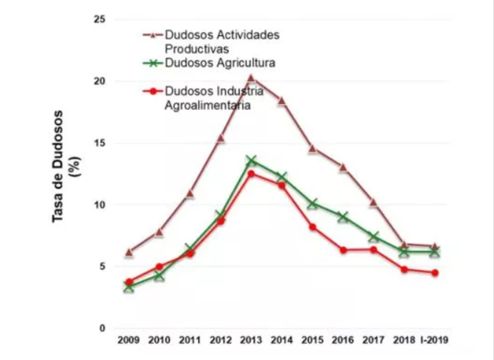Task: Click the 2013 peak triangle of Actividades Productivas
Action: point(251,78)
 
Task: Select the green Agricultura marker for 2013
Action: point(251,160)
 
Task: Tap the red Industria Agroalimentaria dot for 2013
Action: point(251,174)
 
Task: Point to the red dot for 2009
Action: point(129,282)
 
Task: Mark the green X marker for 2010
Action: point(159,276)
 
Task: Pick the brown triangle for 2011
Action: point(190,194)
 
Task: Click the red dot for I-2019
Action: point(435,273)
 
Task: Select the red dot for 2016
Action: point(343,250)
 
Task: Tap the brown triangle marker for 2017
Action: point(373,203)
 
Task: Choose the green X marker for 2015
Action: point(312,204)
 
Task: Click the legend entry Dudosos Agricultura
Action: point(220,63)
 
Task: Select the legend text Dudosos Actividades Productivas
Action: point(222,42)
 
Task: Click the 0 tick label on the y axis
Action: point(102,329)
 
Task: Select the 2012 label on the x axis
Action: point(220,340)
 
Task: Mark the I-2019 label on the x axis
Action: point(434,340)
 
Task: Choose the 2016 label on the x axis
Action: point(343,340)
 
